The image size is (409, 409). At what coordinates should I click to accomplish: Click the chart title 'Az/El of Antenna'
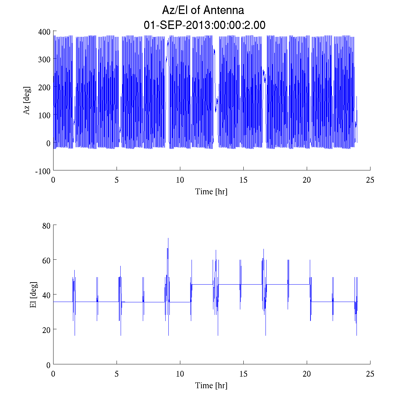(203, 10)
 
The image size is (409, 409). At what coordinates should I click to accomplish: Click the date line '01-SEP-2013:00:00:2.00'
(204, 25)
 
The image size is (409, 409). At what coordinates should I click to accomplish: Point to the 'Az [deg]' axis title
(27, 101)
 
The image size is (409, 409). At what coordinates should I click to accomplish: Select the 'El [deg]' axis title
(33, 295)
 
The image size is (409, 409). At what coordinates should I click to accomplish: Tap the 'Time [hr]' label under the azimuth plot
(211, 192)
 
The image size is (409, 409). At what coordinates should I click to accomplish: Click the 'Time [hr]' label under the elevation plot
(211, 385)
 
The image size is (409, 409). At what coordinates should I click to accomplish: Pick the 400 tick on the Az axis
(45, 32)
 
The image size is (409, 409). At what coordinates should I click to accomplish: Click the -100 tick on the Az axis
(43, 171)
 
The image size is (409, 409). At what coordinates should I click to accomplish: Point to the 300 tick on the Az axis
(45, 60)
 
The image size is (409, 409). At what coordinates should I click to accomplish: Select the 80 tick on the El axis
(46, 226)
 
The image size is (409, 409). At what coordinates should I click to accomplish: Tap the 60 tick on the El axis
(46, 260)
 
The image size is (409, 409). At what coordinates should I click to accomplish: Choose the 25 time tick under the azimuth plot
(370, 180)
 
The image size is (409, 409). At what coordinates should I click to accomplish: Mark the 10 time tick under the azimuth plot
(180, 180)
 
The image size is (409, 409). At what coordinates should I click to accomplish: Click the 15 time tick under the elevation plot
(243, 374)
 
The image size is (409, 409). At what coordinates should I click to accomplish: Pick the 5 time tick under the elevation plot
(117, 374)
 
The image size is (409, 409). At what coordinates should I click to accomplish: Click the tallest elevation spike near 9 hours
(168, 239)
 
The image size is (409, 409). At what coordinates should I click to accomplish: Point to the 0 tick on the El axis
(48, 365)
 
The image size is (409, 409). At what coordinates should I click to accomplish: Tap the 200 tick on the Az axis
(45, 88)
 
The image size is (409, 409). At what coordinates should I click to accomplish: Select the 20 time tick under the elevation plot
(307, 374)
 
